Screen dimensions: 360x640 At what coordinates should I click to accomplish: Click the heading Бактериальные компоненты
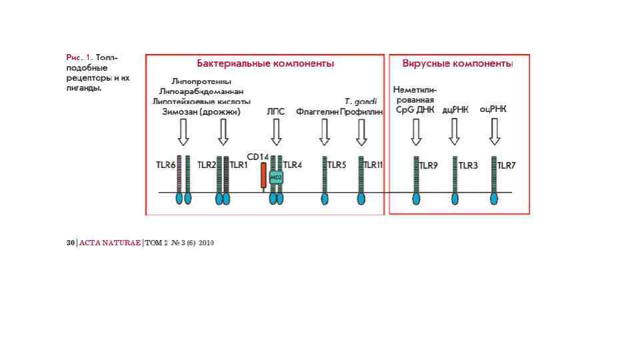[x=265, y=64]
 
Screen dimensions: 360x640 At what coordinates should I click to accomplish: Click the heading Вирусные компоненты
[x=457, y=64]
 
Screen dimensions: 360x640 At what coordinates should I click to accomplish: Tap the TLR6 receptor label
[x=166, y=165]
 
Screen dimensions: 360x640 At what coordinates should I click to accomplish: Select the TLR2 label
[x=207, y=165]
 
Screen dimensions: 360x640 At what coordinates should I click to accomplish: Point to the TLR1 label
[x=239, y=165]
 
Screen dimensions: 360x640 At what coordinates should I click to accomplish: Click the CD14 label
[x=257, y=157]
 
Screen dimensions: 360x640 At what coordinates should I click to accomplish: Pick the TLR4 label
[x=293, y=165]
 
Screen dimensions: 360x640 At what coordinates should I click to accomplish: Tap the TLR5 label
[x=337, y=165]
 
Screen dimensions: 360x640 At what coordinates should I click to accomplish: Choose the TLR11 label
[x=373, y=165]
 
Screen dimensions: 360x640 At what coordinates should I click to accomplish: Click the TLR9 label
[x=428, y=165]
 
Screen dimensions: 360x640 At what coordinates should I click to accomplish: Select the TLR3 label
[x=468, y=165]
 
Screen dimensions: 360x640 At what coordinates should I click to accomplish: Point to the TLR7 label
[x=507, y=165]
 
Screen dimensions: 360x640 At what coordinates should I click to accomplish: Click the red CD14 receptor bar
[x=263, y=176]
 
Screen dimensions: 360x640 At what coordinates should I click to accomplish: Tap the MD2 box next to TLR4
[x=276, y=177]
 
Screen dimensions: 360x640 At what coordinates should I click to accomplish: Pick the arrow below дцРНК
[x=455, y=132]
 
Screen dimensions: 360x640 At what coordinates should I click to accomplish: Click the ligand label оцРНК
[x=493, y=109]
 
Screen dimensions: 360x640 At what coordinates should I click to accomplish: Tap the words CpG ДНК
[x=415, y=110]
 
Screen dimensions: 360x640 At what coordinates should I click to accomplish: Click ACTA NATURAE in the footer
[x=109, y=243]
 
